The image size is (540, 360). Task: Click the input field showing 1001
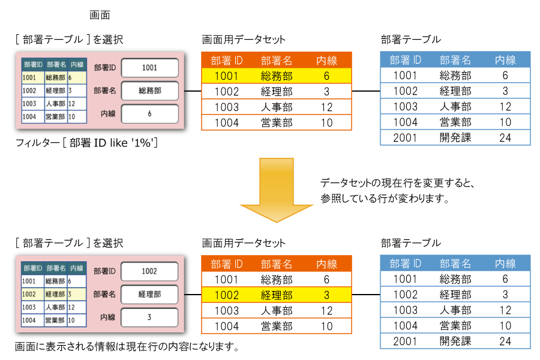(149, 68)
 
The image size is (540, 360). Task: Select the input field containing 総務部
(149, 91)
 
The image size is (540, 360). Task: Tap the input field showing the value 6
(149, 113)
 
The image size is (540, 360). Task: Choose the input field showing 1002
(149, 271)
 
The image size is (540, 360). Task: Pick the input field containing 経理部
(149, 294)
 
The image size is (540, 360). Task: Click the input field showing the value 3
(149, 317)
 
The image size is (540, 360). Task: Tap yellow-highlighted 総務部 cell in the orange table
(277, 76)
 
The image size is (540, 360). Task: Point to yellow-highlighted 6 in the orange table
(326, 76)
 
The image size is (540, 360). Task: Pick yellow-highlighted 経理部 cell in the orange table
(277, 295)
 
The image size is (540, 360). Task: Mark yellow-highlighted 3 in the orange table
(326, 295)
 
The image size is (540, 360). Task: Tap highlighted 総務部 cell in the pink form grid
(55, 77)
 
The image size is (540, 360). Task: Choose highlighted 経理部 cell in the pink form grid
(55, 294)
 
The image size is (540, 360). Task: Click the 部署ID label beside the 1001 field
(105, 68)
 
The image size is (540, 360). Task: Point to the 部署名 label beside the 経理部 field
(105, 294)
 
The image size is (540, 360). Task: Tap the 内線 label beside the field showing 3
(108, 317)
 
